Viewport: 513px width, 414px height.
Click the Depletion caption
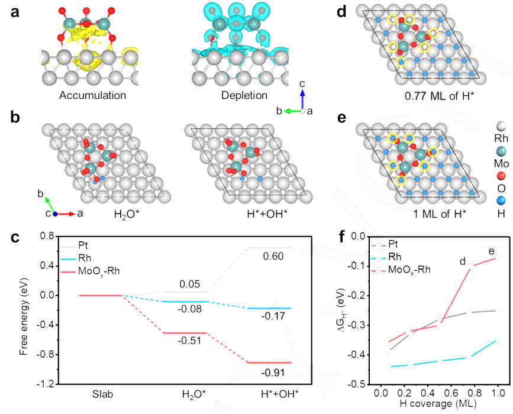pos(243,95)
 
